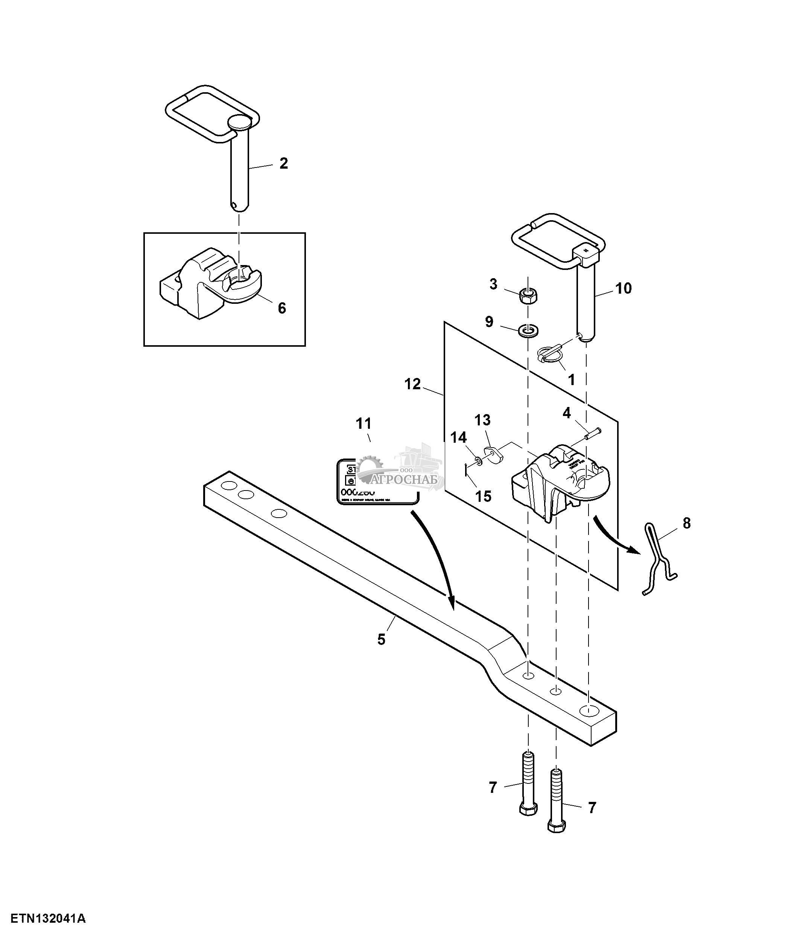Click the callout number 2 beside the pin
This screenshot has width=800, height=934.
coord(283,163)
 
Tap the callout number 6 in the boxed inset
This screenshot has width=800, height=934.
coord(281,308)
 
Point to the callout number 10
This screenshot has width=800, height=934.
coord(624,288)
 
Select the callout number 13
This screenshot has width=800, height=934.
coord(482,420)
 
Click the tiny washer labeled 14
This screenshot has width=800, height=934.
coord(477,460)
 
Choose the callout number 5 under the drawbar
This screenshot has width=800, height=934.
coord(382,639)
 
